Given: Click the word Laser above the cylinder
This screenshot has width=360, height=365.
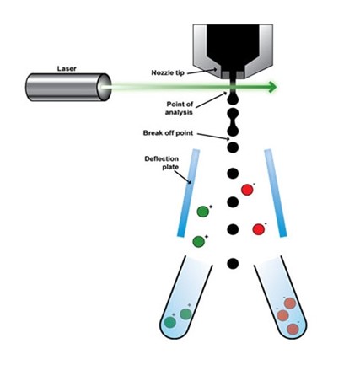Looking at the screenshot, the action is [67, 68].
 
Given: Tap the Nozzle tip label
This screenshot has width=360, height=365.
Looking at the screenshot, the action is [168, 72].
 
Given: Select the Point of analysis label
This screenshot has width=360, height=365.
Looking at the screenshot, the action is [180, 108].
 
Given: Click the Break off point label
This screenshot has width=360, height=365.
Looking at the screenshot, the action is [168, 132].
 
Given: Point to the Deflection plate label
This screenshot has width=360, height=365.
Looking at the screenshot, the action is [162, 163].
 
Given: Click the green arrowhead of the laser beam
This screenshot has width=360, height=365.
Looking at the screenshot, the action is [272, 87].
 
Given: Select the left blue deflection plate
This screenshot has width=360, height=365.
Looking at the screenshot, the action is [188, 193].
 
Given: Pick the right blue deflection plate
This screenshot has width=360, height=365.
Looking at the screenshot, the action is [276, 193].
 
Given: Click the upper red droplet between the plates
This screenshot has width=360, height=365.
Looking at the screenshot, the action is [247, 190].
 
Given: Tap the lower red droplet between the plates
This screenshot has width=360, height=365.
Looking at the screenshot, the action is [259, 229].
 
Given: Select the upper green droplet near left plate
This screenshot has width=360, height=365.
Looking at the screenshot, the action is [203, 212].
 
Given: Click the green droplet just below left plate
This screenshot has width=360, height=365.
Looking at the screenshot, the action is [198, 241].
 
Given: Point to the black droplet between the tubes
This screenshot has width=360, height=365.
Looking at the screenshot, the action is [233, 263].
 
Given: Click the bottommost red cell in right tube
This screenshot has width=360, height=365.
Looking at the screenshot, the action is [293, 329].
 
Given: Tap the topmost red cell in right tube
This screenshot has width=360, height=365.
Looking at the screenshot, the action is [290, 303].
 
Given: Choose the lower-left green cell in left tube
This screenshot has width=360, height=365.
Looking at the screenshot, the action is [170, 322].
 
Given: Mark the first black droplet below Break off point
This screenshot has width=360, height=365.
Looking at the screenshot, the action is [233, 148].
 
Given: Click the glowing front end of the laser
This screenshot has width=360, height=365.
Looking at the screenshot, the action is [103, 87].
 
